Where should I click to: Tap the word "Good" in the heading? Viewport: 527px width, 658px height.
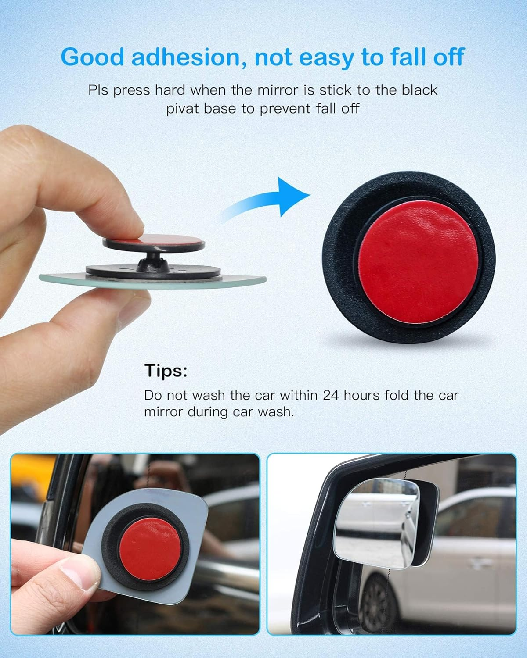[93, 57]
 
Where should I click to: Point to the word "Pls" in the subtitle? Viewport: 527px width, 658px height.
[98, 90]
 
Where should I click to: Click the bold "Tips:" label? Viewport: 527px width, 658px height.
[166, 371]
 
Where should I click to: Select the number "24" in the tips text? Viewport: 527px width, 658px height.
[331, 395]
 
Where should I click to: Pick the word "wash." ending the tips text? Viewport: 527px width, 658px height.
[276, 412]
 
